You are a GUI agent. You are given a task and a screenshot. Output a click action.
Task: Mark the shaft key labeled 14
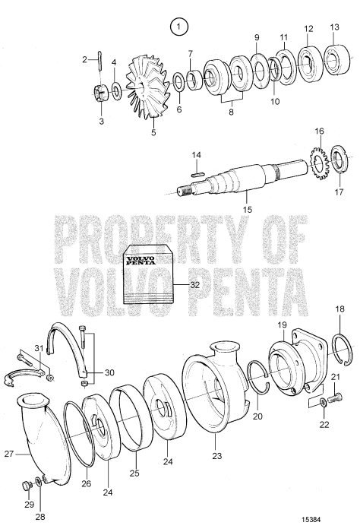196,173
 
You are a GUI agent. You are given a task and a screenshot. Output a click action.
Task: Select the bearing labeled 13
332,59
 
